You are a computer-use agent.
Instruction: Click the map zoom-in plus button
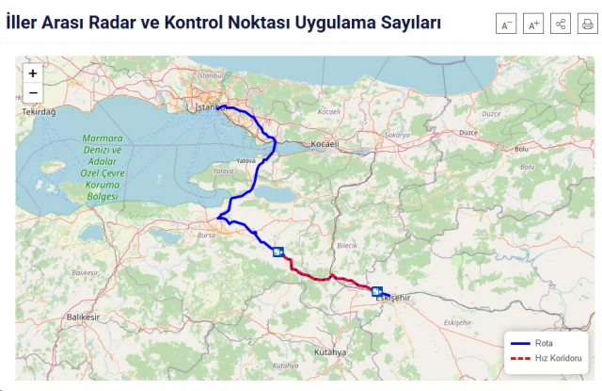tap(33, 73)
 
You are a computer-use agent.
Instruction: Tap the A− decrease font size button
tap(506, 25)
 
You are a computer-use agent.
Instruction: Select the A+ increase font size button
tap(533, 25)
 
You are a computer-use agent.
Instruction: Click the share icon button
tap(561, 25)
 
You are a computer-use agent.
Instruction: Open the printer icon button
tap(587, 25)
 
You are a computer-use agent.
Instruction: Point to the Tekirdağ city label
tap(39, 112)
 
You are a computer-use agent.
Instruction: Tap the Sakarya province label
tap(397, 136)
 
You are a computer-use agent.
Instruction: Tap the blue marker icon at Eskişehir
tap(377, 292)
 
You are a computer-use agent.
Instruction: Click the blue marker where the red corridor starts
tap(278, 252)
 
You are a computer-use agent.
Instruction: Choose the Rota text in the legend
tap(544, 343)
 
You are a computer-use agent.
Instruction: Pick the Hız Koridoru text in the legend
tap(558, 358)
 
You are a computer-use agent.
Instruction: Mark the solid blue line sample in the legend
tap(519, 343)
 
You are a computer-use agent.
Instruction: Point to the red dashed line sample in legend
tap(519, 358)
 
